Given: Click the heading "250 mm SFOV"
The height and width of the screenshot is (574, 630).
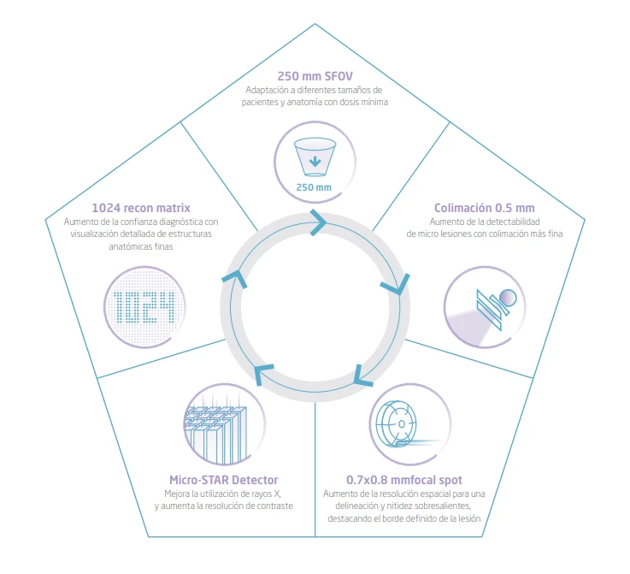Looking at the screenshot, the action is (x=315, y=76).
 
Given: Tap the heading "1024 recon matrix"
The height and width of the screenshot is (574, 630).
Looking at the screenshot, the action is (x=141, y=208).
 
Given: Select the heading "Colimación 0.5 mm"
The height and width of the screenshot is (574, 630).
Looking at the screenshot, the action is (x=484, y=208).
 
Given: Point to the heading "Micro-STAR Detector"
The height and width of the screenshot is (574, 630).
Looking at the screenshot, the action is (x=224, y=480).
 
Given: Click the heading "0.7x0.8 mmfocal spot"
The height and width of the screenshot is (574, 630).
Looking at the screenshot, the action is (x=404, y=480).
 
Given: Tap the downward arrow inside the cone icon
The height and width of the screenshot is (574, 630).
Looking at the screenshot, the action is (x=315, y=162).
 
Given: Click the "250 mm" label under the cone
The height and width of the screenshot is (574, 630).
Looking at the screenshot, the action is (x=314, y=187).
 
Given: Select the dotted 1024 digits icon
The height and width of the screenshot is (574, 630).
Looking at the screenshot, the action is (x=144, y=307).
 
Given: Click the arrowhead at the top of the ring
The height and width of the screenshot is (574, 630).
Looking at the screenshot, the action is (x=318, y=222).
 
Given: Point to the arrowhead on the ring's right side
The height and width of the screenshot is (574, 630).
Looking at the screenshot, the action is (x=396, y=284).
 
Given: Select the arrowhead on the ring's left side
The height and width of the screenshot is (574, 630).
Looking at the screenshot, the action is (x=234, y=279).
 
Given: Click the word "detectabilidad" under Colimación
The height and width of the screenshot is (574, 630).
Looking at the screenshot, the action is (x=513, y=222).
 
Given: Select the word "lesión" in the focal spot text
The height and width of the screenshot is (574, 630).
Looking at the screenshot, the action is (x=469, y=518).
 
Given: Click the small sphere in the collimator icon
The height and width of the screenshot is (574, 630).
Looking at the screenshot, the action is (x=508, y=298).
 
